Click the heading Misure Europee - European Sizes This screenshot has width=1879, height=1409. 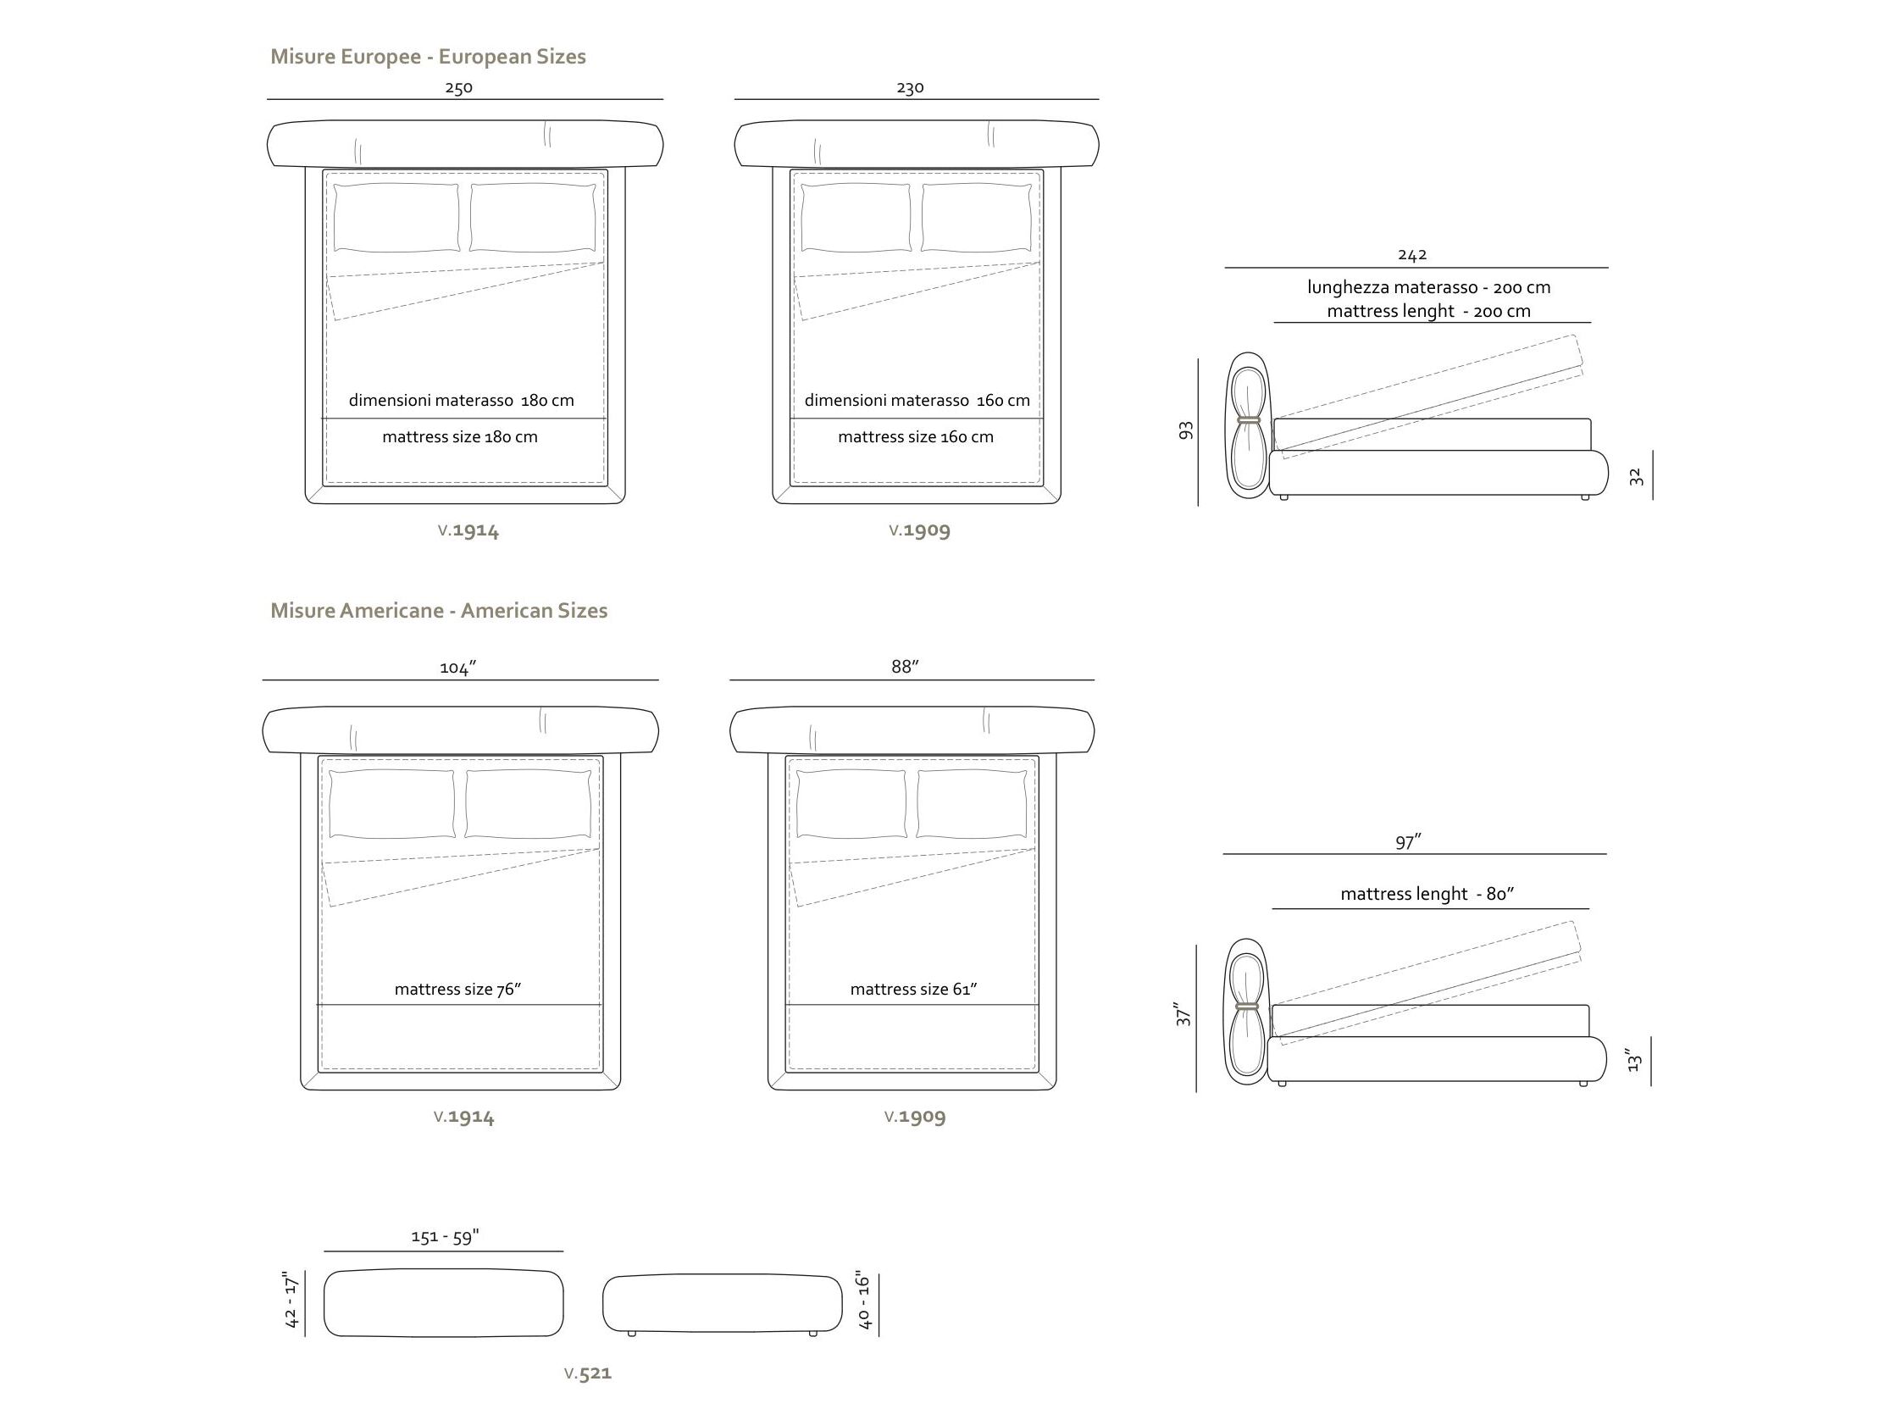[x=428, y=57]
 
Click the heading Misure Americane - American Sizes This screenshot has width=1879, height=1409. [x=439, y=611]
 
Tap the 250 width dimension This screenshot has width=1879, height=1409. [x=458, y=87]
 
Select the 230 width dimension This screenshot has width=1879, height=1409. [x=910, y=87]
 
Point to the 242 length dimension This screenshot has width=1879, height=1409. [x=1412, y=254]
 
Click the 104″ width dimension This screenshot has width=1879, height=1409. [x=457, y=668]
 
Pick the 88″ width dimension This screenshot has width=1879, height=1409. [x=906, y=667]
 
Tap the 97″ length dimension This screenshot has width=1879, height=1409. [x=1408, y=841]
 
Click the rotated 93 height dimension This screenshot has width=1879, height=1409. [x=1187, y=430]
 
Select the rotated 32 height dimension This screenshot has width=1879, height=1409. [x=1636, y=477]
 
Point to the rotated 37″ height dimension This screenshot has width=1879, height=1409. [x=1183, y=1013]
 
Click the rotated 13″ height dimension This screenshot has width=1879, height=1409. [x=1634, y=1060]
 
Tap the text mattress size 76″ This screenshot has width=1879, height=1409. [x=457, y=989]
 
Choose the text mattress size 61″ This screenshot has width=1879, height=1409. [x=914, y=989]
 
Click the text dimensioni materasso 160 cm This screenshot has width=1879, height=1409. [x=917, y=400]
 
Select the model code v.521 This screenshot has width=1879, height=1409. [x=588, y=1373]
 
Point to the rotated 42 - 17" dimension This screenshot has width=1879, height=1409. [x=291, y=1301]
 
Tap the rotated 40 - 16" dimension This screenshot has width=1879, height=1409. [x=864, y=1301]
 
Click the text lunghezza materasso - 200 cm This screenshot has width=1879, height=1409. [x=1429, y=287]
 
